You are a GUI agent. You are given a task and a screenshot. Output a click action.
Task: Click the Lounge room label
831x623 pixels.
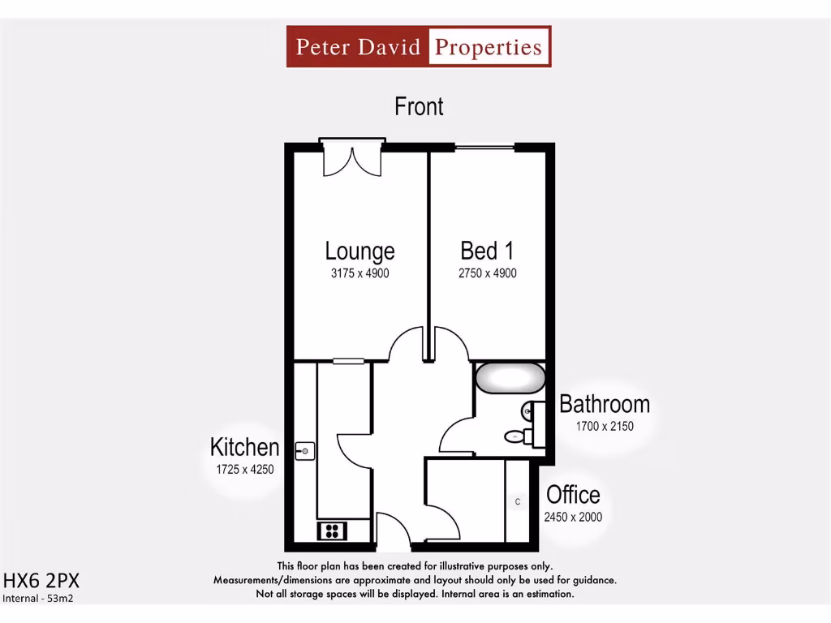click(x=360, y=251)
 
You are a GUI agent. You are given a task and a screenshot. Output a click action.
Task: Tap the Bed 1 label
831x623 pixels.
click(x=487, y=251)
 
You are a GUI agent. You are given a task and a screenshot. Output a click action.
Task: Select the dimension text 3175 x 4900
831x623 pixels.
click(x=360, y=273)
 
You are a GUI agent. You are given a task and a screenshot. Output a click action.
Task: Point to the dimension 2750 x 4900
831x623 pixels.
click(x=487, y=273)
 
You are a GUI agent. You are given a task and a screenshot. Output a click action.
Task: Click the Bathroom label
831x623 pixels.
click(x=605, y=404)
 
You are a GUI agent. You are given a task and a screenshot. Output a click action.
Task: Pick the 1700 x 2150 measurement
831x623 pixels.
click(x=605, y=426)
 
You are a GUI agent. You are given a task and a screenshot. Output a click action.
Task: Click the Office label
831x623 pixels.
click(x=573, y=495)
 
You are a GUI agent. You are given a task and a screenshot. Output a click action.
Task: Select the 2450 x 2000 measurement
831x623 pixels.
click(x=573, y=517)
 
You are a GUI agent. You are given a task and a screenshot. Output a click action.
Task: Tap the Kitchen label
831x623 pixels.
click(x=244, y=447)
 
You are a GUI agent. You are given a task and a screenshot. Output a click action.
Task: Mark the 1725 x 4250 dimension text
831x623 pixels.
click(x=244, y=469)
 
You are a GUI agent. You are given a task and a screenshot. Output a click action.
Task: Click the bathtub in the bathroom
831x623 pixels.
click(x=510, y=378)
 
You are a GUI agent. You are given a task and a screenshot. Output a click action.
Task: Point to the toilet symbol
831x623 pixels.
click(x=517, y=437)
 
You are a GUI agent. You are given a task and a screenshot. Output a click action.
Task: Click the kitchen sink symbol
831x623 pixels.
click(x=305, y=450)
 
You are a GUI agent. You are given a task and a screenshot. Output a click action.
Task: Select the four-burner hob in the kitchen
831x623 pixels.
click(x=332, y=531)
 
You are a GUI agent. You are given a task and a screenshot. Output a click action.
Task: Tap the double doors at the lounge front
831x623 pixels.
click(x=351, y=159)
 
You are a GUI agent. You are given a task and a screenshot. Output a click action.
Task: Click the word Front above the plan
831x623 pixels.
click(x=419, y=106)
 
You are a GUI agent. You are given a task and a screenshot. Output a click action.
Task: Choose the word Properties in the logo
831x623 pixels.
click(x=488, y=46)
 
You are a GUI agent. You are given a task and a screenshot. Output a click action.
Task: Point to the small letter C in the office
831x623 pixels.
click(x=518, y=502)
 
